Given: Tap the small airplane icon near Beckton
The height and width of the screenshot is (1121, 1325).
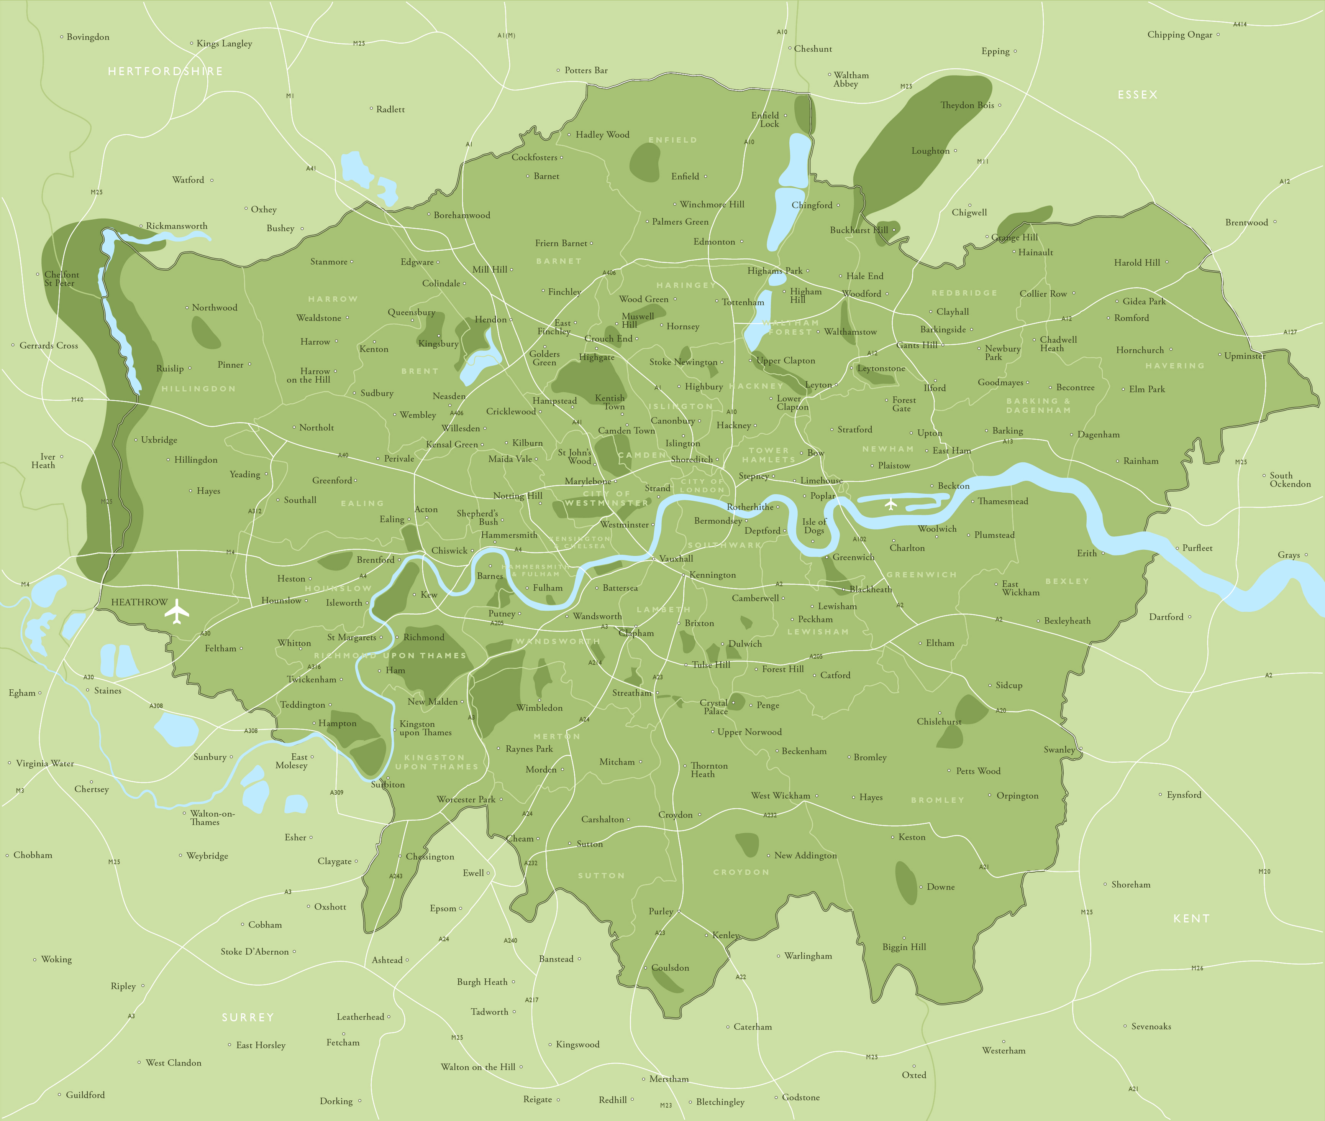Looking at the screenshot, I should [890, 505].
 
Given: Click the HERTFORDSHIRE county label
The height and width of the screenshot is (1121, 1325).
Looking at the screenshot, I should [165, 71].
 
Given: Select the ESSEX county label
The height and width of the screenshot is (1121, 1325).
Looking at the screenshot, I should [1138, 95].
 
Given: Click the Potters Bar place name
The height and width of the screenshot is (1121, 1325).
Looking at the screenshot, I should [585, 71].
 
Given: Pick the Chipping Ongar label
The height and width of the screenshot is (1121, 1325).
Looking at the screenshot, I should [1179, 35].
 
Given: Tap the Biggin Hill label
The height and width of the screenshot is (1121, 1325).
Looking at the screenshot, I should [904, 947].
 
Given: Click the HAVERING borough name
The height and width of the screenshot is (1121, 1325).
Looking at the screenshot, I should [1174, 366].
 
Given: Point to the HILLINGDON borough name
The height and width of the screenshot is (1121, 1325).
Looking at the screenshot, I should [198, 388].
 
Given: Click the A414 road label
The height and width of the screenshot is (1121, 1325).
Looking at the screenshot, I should [1239, 24].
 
